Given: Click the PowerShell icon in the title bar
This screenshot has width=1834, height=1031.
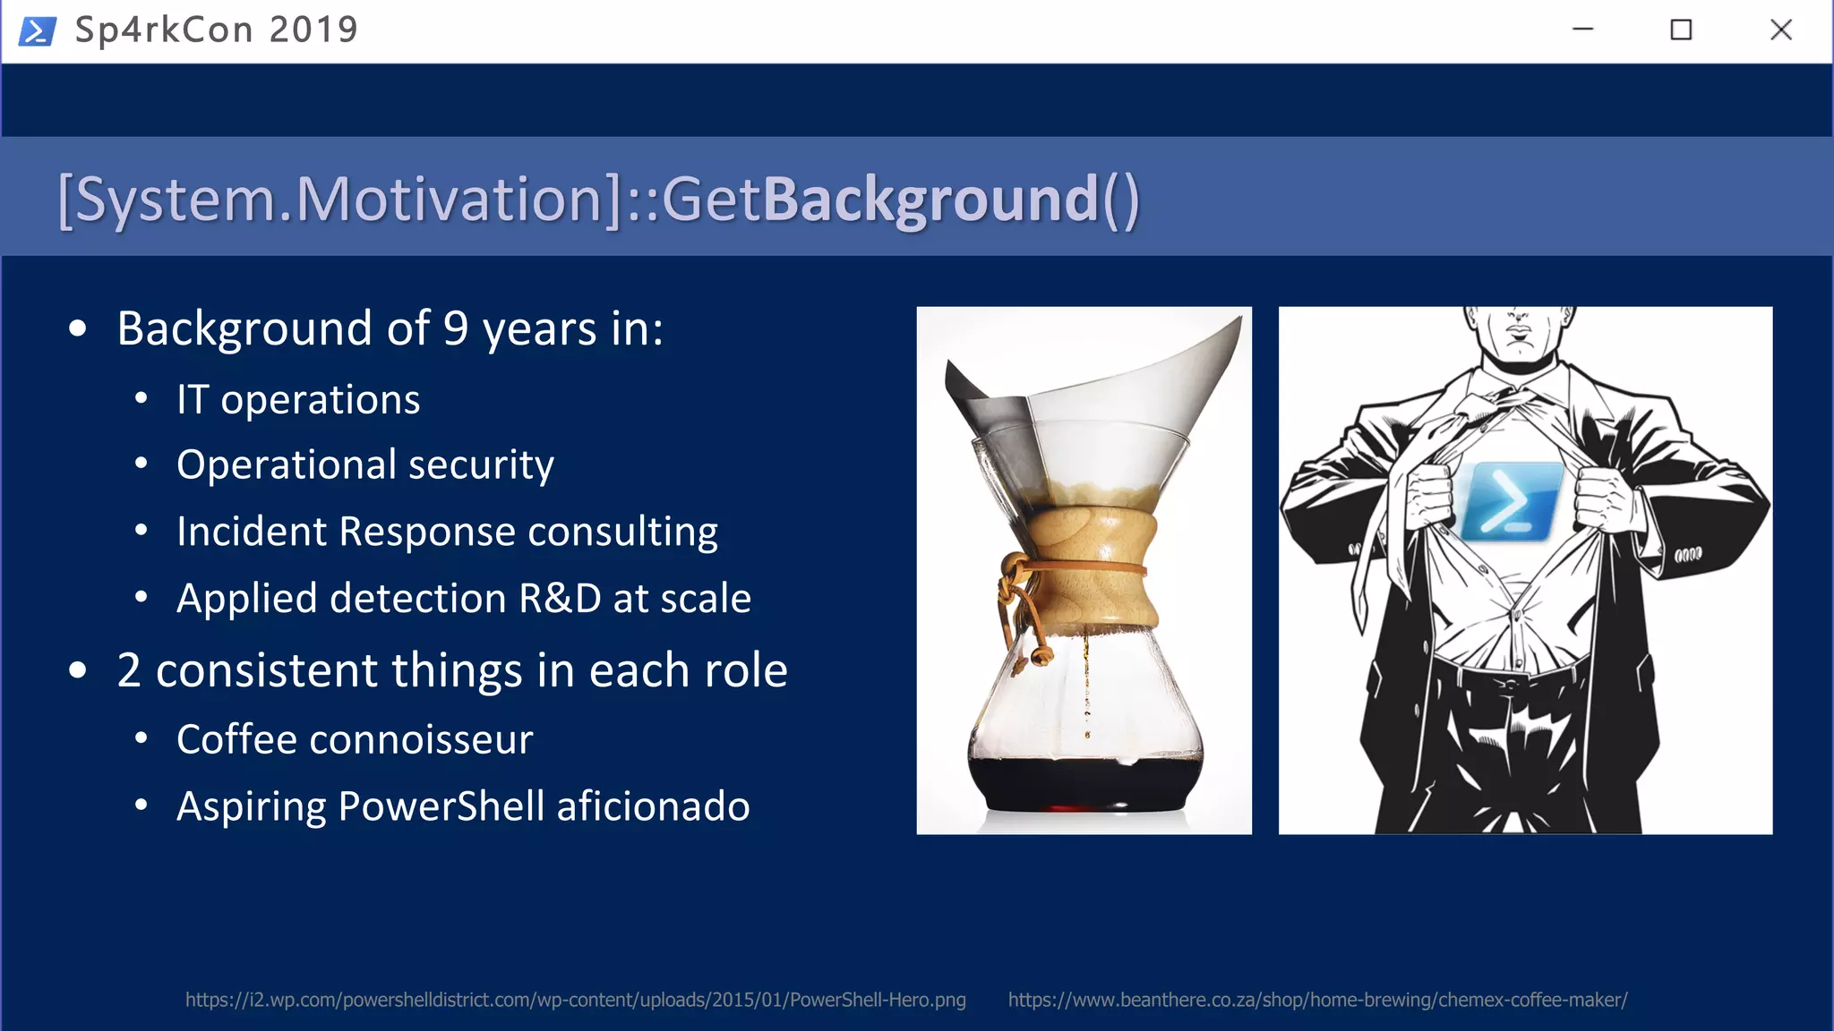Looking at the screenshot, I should (38, 30).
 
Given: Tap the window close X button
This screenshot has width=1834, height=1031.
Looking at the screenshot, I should (1780, 30).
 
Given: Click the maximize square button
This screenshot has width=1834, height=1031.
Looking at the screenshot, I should (1681, 30).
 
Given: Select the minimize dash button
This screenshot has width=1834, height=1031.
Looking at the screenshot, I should (1582, 30).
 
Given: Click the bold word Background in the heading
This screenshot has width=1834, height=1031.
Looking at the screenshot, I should (930, 199).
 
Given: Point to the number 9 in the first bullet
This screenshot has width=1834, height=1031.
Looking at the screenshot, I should (456, 328).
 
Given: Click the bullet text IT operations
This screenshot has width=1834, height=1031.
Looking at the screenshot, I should (298, 399).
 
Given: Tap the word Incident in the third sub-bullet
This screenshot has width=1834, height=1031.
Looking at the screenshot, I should (252, 532).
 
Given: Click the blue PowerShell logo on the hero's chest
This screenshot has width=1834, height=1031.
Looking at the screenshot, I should (1511, 501).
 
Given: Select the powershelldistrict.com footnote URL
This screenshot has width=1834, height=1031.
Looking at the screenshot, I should (575, 1000).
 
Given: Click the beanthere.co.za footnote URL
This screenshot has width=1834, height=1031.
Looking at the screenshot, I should (1317, 1000).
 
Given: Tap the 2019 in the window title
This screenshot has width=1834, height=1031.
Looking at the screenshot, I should (313, 30).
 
